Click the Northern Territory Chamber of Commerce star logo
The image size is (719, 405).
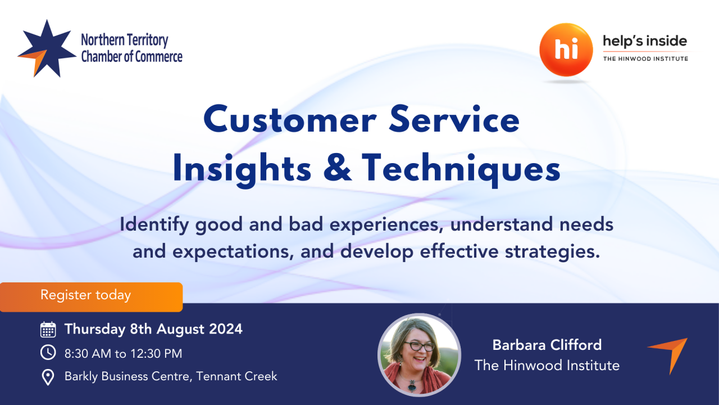(46, 49)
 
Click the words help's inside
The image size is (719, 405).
(645, 41)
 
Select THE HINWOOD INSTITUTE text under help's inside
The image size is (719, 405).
(645, 58)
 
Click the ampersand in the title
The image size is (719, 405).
(339, 169)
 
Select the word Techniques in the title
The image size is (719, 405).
(461, 169)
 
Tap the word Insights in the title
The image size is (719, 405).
(244, 169)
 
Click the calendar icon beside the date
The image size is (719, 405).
(48, 329)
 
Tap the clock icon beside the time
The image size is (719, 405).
(48, 353)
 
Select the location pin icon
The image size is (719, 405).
(48, 377)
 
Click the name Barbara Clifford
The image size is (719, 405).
(547, 345)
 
